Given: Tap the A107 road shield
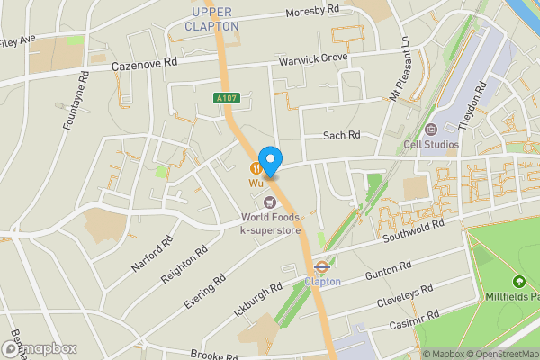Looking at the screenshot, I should coord(227,97).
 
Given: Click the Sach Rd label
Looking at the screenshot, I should coord(341,135).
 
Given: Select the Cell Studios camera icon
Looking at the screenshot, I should coord(430,129).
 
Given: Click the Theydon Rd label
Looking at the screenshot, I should coord(472,107).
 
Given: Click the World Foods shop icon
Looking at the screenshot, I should coord(270,200).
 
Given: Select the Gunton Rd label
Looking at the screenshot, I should coord(388,268).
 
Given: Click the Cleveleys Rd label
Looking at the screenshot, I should coord(405,294).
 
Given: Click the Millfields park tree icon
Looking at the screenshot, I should coord(518,283).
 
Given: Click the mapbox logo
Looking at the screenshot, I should coord(39,348).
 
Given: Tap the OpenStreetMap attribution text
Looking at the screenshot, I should coord(501,354).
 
